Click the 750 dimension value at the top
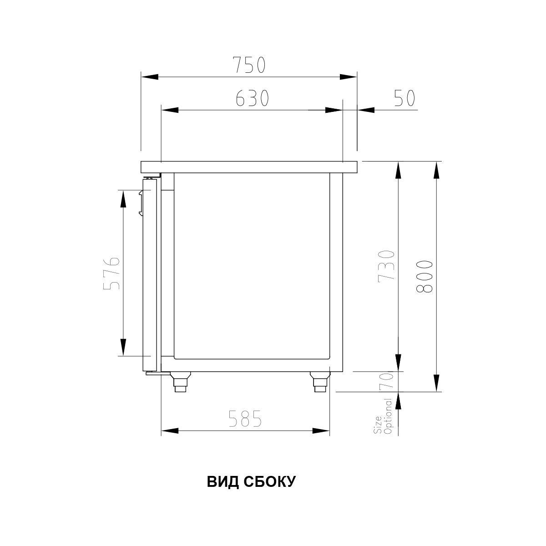tap(249, 65)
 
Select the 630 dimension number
tap(252, 98)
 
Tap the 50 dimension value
tap(404, 98)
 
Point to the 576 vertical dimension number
tap(111, 273)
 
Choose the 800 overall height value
tap(424, 276)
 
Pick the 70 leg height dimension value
tap(386, 381)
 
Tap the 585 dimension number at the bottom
tap(245, 419)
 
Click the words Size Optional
tap(383, 416)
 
